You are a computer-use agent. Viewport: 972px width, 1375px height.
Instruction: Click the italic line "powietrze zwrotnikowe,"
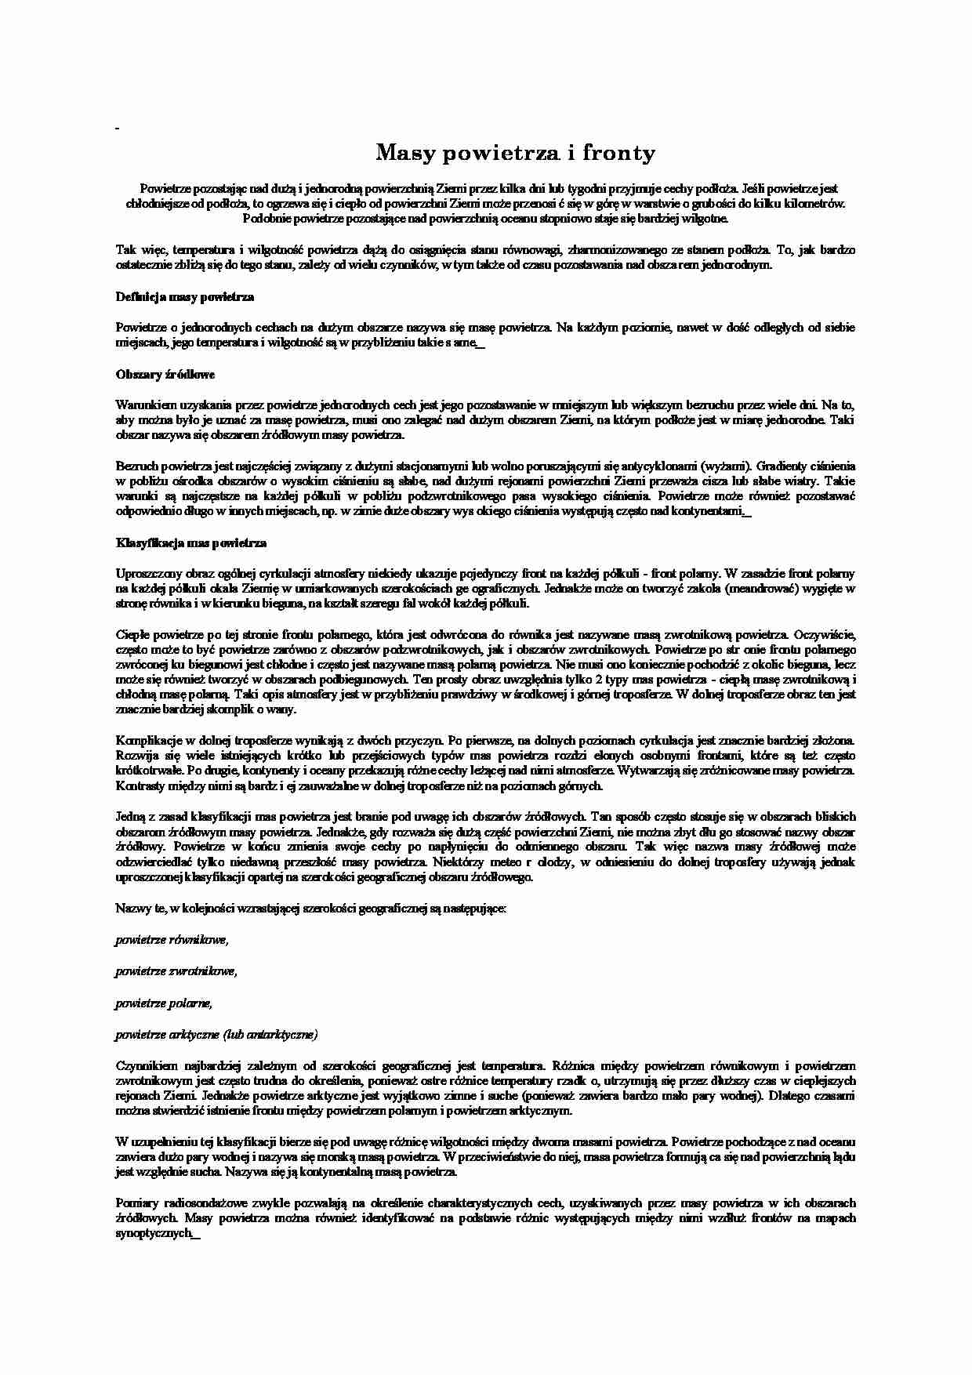coord(176,971)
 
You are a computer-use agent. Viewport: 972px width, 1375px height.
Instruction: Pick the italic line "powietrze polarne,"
coord(164,1003)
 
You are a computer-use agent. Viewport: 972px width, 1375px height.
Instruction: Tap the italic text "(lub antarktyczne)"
coord(270,1035)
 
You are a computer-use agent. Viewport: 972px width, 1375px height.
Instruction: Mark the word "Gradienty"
coord(784,466)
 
